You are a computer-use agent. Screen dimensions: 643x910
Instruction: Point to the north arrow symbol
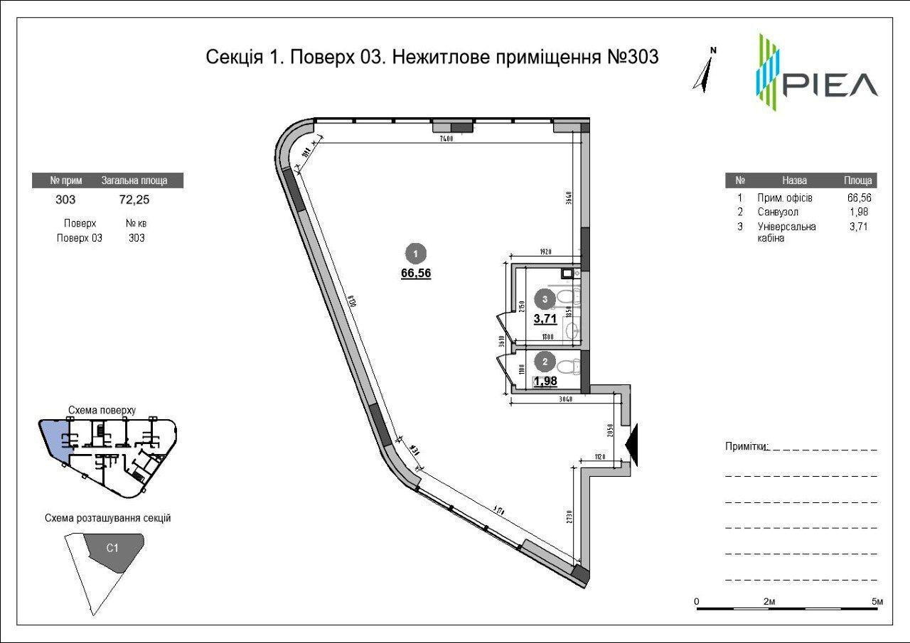[705, 71]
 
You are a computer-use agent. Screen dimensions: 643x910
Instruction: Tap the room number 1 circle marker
[415, 253]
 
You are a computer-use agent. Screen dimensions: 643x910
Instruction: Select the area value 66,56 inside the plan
[416, 272]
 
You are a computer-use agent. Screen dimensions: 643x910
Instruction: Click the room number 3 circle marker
[545, 300]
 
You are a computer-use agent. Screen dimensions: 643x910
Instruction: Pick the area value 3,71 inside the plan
[545, 319]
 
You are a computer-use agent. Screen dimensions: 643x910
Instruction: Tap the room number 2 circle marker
[545, 362]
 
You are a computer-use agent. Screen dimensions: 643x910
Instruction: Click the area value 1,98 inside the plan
[545, 380]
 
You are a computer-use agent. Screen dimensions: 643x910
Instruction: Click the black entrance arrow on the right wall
[633, 445]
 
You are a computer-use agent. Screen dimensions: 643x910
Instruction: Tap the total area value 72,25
[135, 200]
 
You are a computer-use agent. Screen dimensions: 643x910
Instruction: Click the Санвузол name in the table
[778, 212]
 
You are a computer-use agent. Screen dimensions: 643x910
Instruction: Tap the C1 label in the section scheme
[112, 548]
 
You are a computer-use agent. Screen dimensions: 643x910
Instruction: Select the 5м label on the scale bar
[878, 602]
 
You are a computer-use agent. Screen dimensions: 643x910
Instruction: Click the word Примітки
[746, 446]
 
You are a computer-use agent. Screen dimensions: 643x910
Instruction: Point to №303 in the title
[632, 57]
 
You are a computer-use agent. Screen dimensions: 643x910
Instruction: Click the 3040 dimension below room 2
[566, 399]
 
